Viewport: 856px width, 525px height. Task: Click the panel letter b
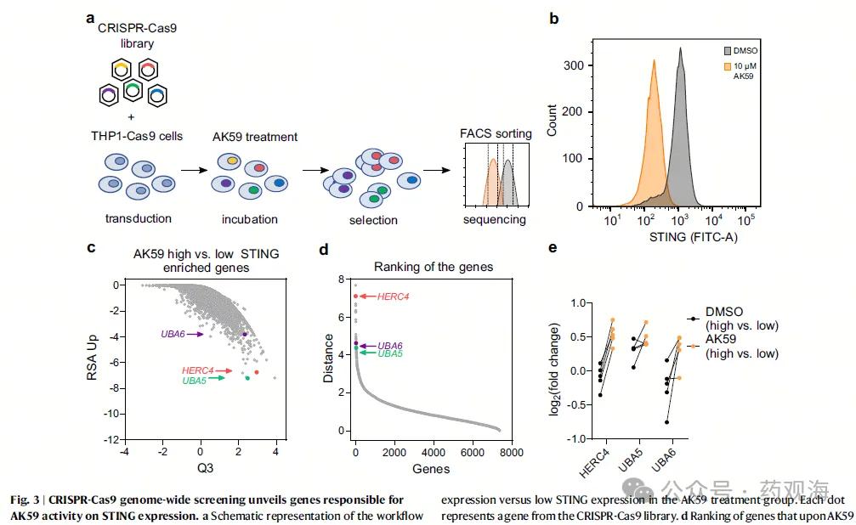[553, 18]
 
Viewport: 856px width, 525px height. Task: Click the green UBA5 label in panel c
[196, 380]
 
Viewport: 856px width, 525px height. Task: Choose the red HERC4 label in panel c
[197, 370]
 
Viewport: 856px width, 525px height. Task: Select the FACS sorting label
[496, 133]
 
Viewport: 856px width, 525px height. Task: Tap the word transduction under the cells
[139, 219]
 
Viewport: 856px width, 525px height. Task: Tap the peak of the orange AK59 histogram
[654, 60]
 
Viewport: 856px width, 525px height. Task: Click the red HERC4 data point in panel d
[356, 296]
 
